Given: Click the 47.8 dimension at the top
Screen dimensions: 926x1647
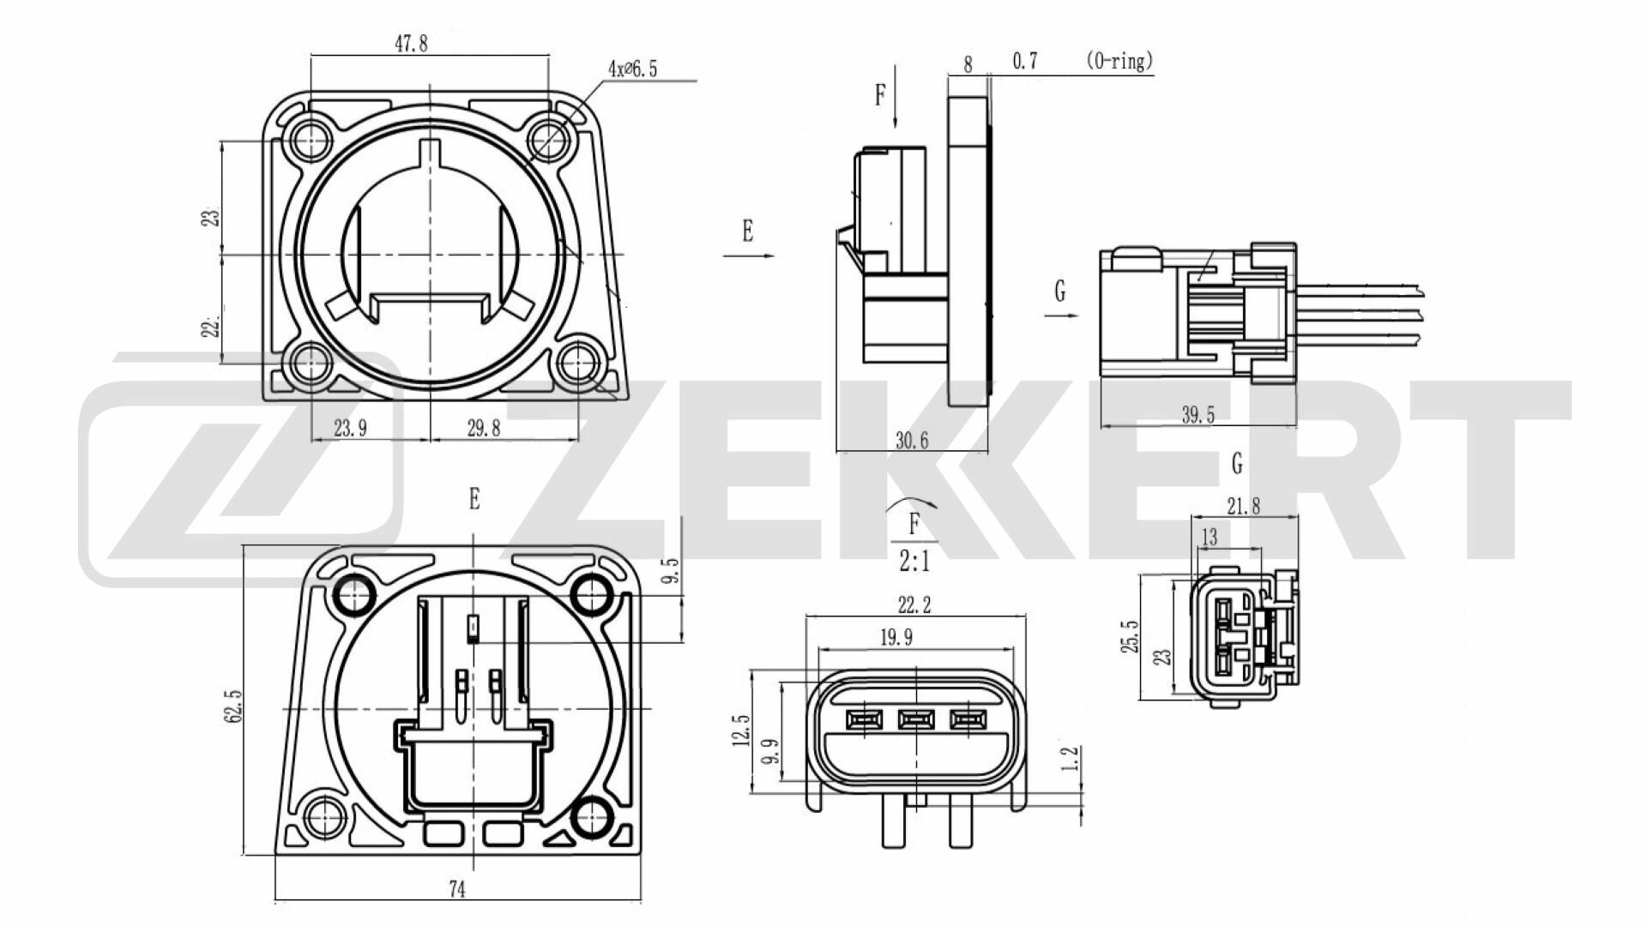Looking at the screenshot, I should (x=411, y=44).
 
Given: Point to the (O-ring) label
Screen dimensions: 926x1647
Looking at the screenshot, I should (x=1119, y=61).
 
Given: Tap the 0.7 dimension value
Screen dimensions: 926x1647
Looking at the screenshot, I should (x=1025, y=61).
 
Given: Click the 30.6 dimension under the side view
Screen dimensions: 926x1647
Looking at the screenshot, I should (x=912, y=441).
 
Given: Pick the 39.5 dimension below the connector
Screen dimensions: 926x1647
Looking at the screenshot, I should (x=1198, y=416).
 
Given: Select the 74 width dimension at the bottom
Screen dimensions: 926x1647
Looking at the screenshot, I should (x=457, y=890).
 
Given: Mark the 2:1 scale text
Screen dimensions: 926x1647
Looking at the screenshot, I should (x=914, y=562).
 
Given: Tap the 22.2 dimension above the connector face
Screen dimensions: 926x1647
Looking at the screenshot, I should (x=914, y=605).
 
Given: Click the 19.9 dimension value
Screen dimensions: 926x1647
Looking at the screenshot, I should (x=896, y=637).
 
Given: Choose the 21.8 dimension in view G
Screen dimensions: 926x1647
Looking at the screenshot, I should (x=1243, y=506).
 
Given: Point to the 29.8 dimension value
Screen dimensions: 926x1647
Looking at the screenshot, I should (x=483, y=429).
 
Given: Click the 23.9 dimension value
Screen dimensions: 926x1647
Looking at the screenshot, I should (x=350, y=429).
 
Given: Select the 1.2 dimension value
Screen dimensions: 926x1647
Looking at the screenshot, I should (x=1069, y=759).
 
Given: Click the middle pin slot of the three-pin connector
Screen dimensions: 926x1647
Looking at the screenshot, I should (x=914, y=719).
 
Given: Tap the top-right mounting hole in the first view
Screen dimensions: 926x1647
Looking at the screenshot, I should (x=546, y=135).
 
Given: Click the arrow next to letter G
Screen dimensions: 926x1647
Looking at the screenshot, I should (x=1060, y=316).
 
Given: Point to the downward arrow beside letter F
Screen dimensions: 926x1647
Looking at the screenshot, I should (x=896, y=96).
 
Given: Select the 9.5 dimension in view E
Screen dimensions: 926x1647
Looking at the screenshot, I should (x=672, y=571).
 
